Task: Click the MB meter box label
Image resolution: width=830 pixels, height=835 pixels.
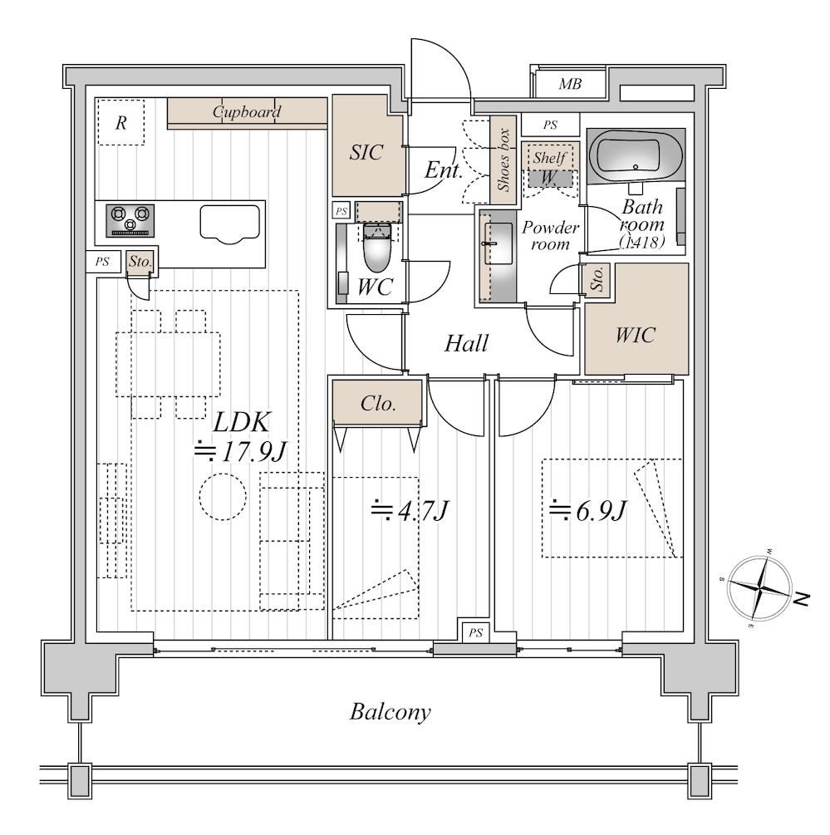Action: pos(570,84)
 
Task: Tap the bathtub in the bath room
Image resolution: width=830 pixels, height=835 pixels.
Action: pos(636,156)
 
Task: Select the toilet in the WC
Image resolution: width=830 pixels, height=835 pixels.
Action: pos(377,247)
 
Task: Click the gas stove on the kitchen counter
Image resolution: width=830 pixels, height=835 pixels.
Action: pos(130,220)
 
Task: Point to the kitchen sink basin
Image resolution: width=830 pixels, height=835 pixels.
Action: pos(230,223)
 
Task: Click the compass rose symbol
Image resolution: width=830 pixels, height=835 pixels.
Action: pos(759,587)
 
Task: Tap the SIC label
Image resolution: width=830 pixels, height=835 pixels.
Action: pos(366,153)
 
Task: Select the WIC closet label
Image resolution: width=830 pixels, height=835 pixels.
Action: pos(635,335)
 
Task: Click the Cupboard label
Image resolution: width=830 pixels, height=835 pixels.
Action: pos(247,112)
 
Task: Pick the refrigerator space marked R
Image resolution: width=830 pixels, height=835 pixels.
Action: pos(120,122)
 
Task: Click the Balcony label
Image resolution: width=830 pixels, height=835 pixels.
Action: pos(390,712)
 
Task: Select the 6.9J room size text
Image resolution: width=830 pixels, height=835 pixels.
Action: pos(587,510)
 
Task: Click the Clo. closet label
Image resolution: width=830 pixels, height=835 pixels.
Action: pos(378,403)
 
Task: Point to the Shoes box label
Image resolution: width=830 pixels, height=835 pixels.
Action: pos(503,160)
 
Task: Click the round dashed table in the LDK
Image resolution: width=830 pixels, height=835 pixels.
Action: pos(223,496)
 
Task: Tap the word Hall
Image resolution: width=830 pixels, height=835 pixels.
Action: pos(466,343)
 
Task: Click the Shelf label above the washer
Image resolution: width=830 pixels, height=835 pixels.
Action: pos(549,158)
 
